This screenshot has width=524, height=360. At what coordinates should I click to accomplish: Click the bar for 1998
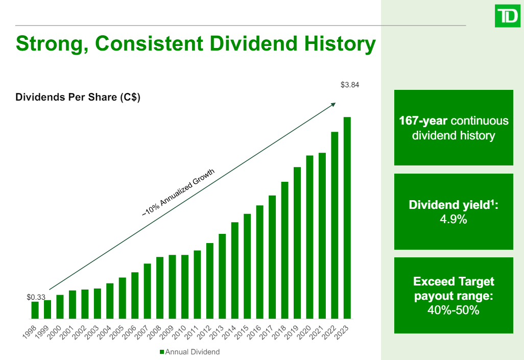click(x=35, y=310)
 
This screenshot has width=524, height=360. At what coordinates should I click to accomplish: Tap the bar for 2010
click(x=185, y=286)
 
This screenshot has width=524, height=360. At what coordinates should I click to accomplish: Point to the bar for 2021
click(x=322, y=235)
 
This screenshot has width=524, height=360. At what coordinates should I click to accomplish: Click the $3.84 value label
click(x=350, y=85)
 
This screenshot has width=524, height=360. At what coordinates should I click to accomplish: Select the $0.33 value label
click(x=36, y=297)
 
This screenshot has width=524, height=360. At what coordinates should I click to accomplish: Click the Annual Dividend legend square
click(x=162, y=352)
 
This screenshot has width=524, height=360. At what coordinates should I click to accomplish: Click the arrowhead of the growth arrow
click(x=334, y=104)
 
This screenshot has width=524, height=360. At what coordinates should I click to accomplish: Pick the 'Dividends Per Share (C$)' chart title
click(x=78, y=98)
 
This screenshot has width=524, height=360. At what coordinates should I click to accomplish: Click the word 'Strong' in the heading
click(x=45, y=44)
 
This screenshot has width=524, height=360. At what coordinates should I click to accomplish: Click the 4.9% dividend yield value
click(x=454, y=220)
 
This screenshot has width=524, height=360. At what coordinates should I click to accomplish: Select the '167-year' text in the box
click(x=423, y=121)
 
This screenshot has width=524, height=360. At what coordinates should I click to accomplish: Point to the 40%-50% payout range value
click(x=454, y=310)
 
